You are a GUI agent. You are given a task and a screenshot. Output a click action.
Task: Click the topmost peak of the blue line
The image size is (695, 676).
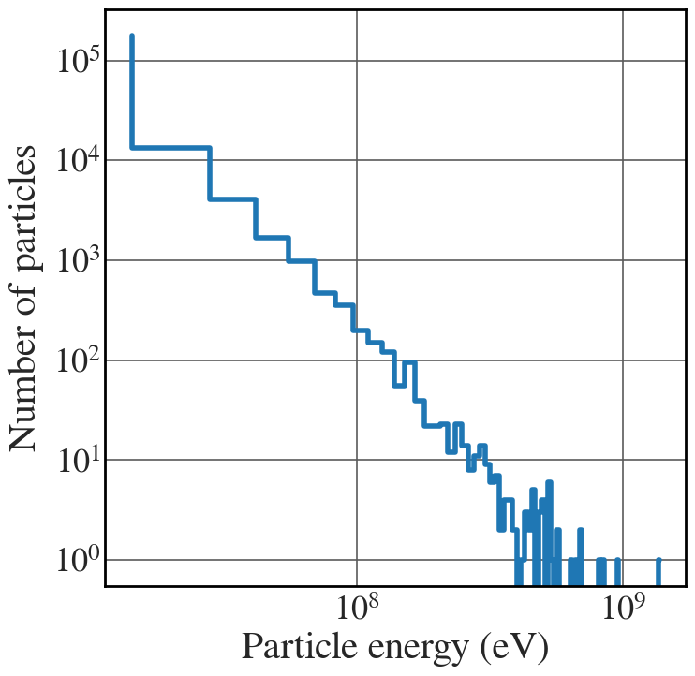tap(132, 37)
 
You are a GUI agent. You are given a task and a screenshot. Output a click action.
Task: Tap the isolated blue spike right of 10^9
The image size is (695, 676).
tap(658, 570)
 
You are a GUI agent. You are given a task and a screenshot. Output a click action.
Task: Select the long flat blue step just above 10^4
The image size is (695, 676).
tap(170, 147)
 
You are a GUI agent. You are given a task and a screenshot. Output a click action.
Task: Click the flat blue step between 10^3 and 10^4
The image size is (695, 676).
tap(232, 198)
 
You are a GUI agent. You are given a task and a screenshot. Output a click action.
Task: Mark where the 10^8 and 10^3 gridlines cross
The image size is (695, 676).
tap(358, 260)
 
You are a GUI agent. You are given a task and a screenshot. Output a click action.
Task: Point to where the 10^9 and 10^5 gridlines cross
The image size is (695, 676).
tap(623, 61)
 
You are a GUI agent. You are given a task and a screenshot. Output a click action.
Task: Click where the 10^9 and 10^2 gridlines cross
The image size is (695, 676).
tap(623, 360)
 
